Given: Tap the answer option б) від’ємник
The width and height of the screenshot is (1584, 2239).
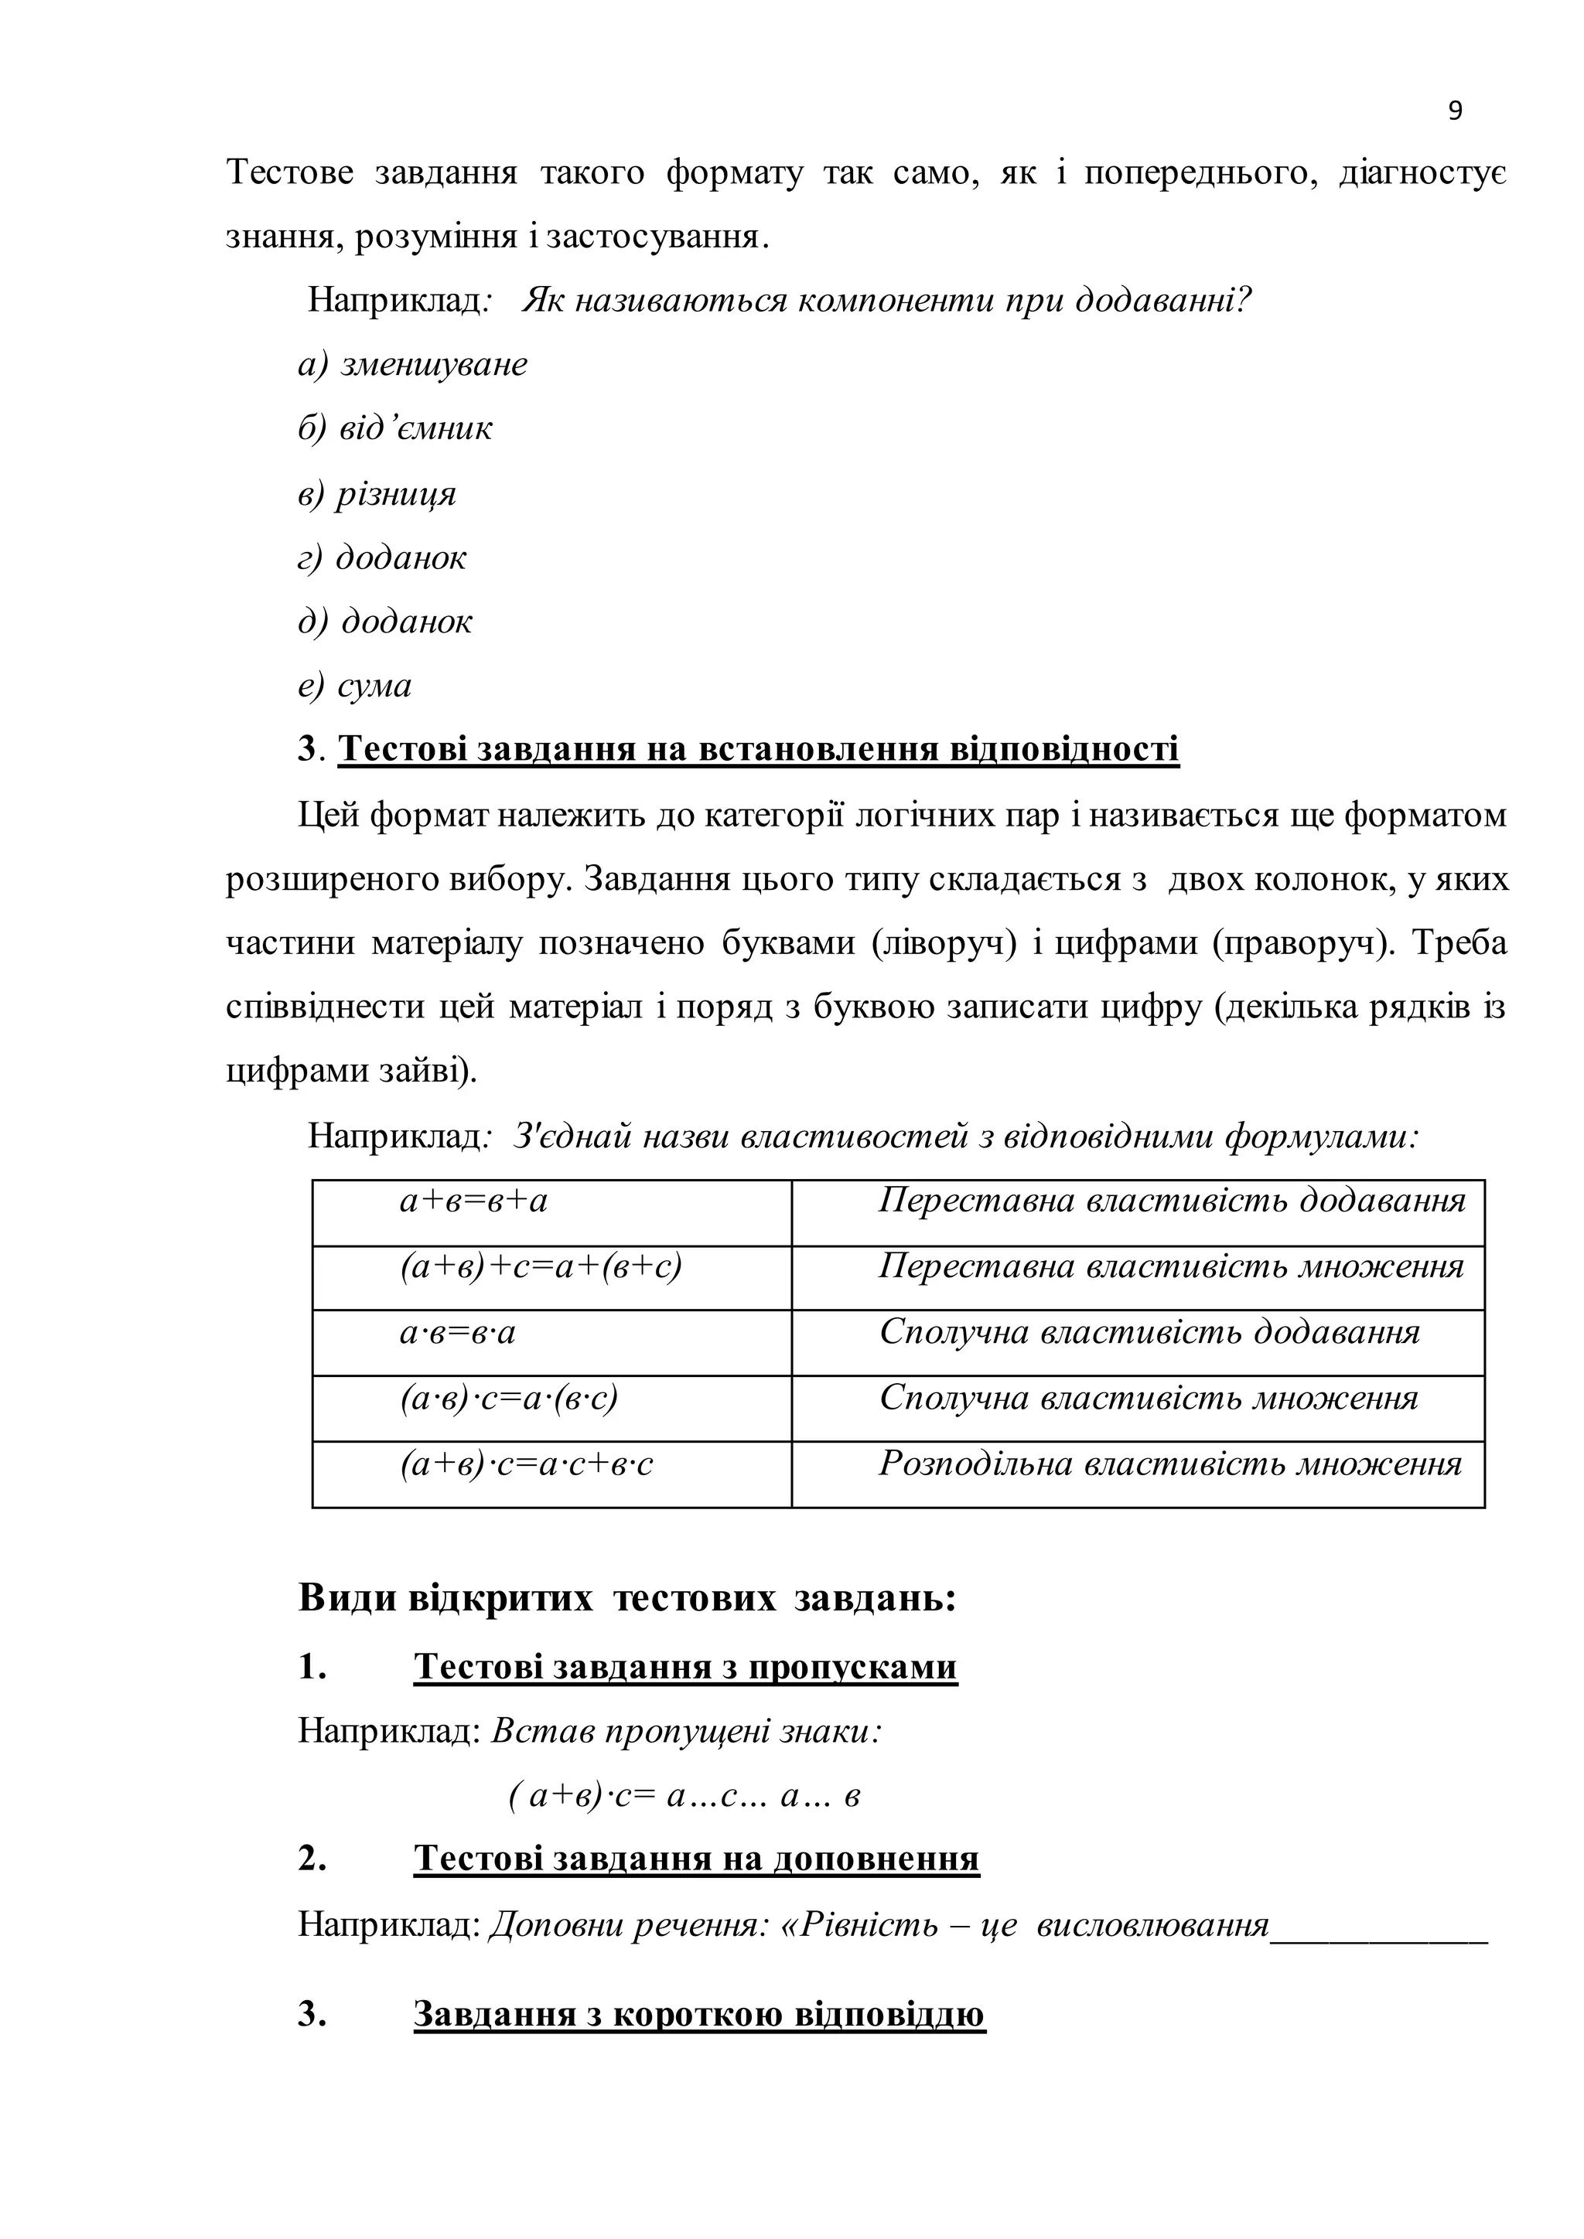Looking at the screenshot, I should (x=395, y=428).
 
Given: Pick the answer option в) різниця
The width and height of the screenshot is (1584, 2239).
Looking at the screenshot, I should (x=377, y=493).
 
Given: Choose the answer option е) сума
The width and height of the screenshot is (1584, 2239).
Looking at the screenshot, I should (x=355, y=686).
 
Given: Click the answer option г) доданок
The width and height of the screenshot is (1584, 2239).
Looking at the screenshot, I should (x=382, y=557).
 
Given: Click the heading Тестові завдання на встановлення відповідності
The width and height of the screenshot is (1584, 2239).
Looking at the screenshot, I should (x=758, y=749).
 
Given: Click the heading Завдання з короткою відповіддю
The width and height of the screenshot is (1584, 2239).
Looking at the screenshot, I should (x=699, y=2014).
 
